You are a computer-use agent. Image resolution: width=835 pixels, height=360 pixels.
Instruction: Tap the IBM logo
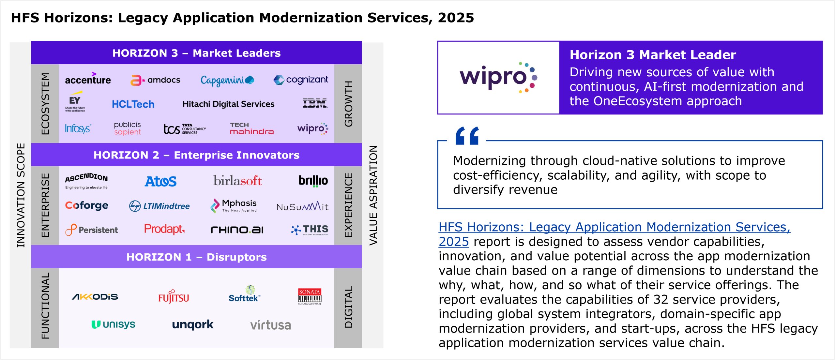[x=315, y=103]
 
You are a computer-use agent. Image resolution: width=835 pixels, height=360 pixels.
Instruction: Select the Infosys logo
[x=78, y=128]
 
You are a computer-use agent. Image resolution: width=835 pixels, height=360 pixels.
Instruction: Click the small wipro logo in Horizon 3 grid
[x=312, y=128]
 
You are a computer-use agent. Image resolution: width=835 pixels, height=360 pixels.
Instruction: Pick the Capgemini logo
[x=227, y=80]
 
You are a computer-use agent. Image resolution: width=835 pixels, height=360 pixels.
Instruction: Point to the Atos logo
[x=160, y=181]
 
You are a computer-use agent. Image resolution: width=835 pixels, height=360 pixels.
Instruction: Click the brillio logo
[x=313, y=181]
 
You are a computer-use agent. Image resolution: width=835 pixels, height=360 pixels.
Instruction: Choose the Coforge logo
[x=87, y=205]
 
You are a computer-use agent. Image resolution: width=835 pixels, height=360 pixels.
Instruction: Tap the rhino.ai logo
[x=237, y=230]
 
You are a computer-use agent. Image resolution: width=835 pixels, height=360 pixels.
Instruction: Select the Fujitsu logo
[x=174, y=297]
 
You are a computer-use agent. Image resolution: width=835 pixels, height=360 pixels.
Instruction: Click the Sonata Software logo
[x=310, y=296]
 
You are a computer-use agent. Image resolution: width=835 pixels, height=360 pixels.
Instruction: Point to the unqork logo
[x=193, y=324]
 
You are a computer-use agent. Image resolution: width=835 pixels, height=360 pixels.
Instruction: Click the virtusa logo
[x=270, y=325]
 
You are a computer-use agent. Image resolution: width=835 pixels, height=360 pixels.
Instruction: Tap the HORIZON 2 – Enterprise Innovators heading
[x=196, y=155]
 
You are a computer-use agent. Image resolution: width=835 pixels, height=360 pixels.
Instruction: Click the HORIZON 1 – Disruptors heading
[x=196, y=257]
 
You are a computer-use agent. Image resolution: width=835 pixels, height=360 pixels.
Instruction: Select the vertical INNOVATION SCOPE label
[x=21, y=195]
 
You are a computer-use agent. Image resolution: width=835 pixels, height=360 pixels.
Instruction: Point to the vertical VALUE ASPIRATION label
[x=373, y=195]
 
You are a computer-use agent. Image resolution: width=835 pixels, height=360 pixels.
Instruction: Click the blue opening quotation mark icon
[x=467, y=136]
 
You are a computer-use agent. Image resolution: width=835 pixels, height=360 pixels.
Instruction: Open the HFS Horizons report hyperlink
[x=614, y=227]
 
